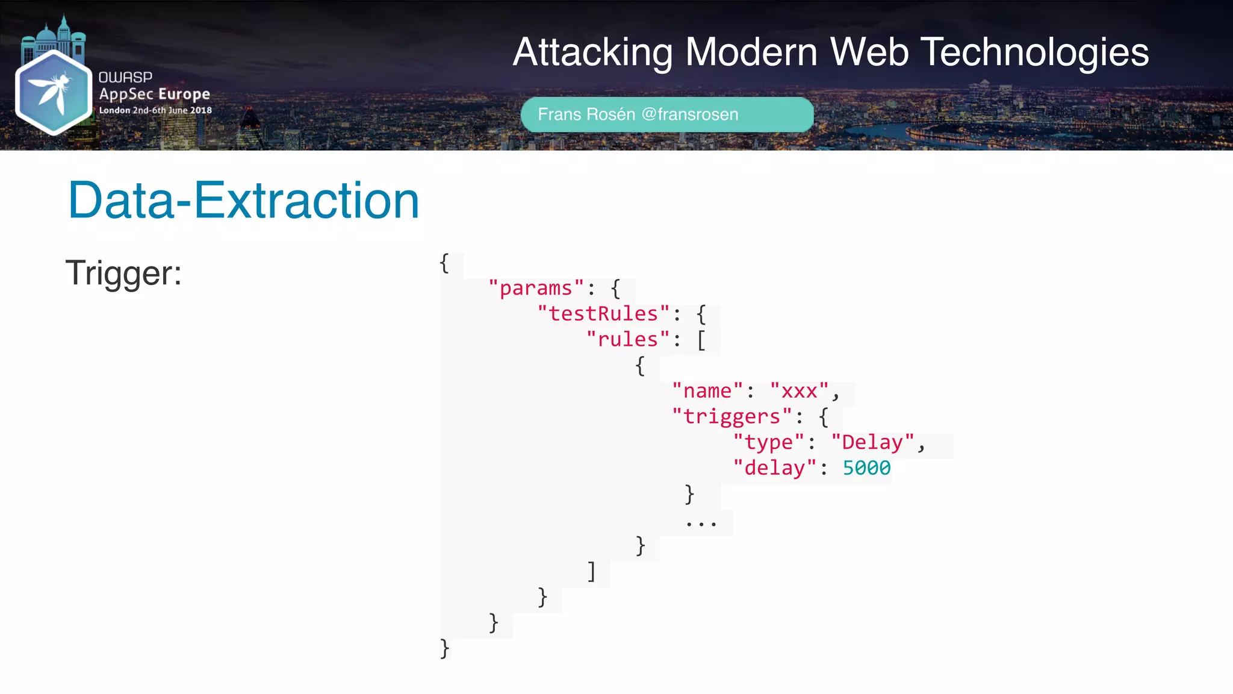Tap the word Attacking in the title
coord(592,52)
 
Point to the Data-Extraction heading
coord(243,201)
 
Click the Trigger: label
coord(123,273)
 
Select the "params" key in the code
coord(536,289)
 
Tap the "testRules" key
coord(603,314)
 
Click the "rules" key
coord(628,340)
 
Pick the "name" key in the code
coord(707,391)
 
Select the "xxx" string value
coord(800,391)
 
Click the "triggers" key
coord(731,417)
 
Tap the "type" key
coord(769,443)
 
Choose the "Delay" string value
coord(872,443)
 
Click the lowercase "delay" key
coord(774,468)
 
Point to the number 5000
coord(866,468)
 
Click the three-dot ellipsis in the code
coord(701,523)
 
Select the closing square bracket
coord(592,571)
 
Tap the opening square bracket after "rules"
coord(701,340)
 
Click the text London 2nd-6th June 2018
coord(155,110)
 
